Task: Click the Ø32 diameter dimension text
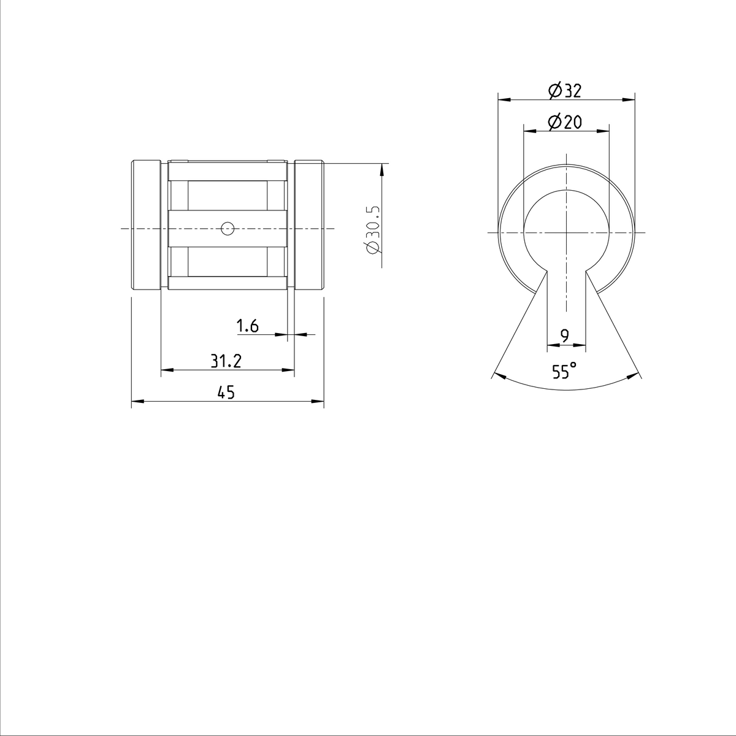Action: click(x=565, y=91)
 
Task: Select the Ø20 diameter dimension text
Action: click(x=565, y=123)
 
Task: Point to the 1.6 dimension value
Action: click(x=248, y=326)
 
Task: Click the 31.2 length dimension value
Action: click(x=226, y=362)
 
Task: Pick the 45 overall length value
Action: click(x=226, y=393)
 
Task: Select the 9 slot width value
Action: click(x=565, y=335)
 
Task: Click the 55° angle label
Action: click(x=564, y=371)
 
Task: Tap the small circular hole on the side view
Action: click(x=228, y=229)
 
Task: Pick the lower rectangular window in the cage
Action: click(x=227, y=261)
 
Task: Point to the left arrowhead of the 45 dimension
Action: click(x=136, y=402)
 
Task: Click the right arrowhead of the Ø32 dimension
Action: click(x=630, y=99)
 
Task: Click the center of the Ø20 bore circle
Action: click(x=566, y=232)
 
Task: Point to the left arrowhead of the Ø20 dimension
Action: click(x=527, y=130)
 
